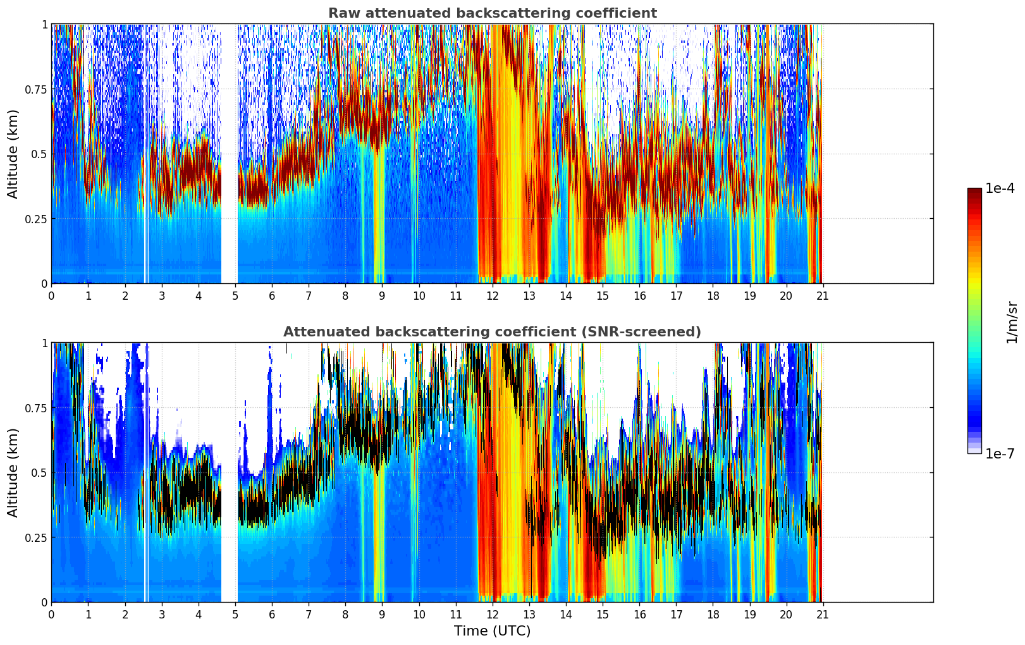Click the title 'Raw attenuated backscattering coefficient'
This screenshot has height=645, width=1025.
click(492, 13)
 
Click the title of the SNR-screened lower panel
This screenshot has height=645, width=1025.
click(492, 332)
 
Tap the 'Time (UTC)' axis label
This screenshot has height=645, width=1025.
click(492, 631)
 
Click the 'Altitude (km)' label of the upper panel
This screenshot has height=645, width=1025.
click(13, 154)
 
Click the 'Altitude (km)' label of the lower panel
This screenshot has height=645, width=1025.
click(13, 472)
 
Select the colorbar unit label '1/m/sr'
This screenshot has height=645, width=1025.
click(1012, 322)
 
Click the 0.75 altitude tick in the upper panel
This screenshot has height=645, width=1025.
click(37, 89)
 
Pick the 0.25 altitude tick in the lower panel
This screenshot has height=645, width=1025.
click(37, 537)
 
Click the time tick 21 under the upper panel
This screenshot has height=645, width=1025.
click(823, 295)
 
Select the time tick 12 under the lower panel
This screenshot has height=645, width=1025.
click(493, 614)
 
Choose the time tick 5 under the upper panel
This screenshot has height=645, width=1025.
click(235, 295)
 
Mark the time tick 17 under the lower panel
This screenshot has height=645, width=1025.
click(676, 614)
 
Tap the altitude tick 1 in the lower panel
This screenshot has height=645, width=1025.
click(44, 343)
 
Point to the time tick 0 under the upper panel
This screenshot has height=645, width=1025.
click(51, 295)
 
